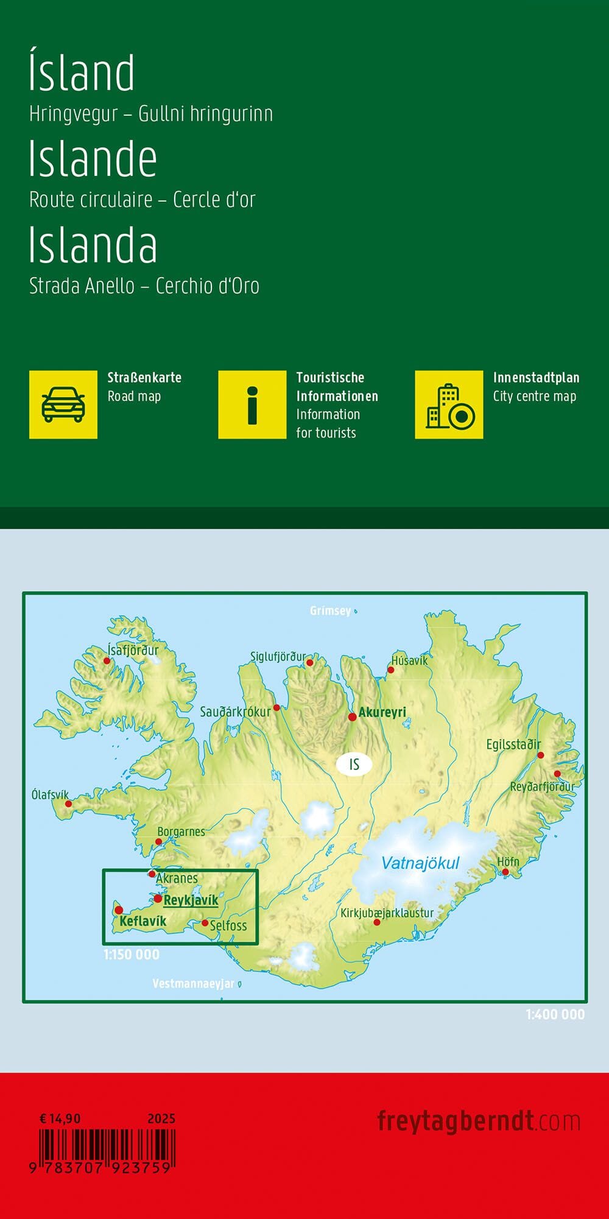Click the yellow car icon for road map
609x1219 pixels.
(x=63, y=405)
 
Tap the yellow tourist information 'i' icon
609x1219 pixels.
(x=252, y=405)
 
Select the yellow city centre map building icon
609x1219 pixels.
(x=449, y=405)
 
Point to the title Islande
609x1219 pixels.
(x=93, y=158)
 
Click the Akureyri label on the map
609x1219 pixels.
(x=382, y=712)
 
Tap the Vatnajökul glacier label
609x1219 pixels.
(x=420, y=863)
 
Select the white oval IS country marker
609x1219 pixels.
(x=354, y=764)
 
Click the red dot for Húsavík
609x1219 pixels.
(x=391, y=670)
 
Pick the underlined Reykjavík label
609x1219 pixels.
(x=191, y=900)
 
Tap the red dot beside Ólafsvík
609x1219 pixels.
(x=68, y=804)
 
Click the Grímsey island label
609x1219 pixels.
(x=330, y=610)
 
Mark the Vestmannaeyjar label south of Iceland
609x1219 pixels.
(x=193, y=983)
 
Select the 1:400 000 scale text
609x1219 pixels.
(x=555, y=1014)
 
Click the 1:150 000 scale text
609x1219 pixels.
(x=132, y=955)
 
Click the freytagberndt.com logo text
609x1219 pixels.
(x=479, y=1121)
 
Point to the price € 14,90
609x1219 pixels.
(x=60, y=1118)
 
